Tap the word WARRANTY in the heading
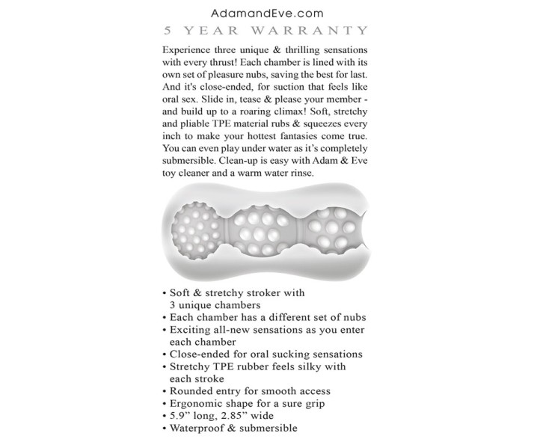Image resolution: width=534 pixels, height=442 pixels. pos(322,31)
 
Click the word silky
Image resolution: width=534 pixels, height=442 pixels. pos(305,366)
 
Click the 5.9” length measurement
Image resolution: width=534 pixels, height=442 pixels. pos(182,416)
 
